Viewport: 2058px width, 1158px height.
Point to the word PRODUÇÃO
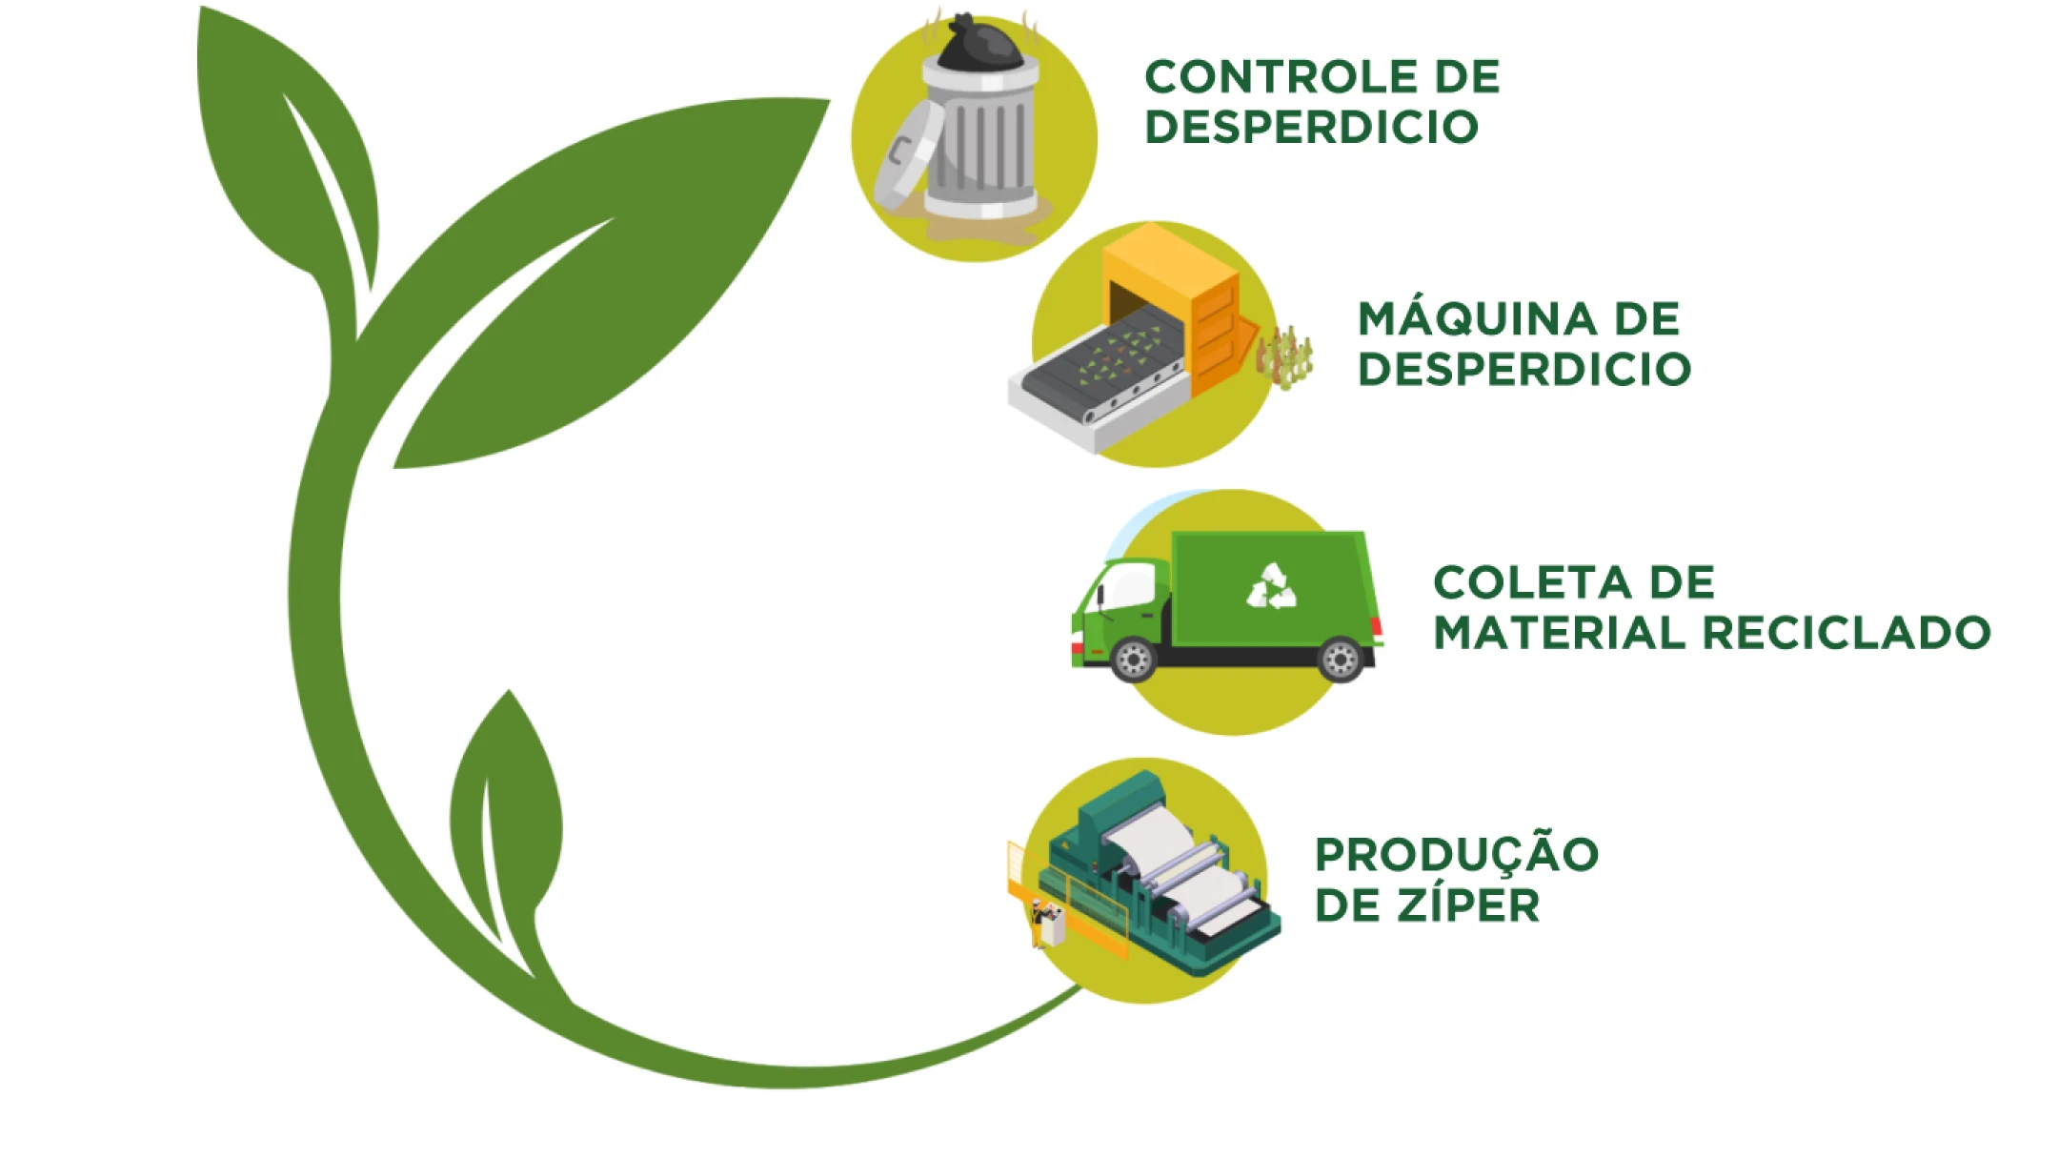[1456, 854]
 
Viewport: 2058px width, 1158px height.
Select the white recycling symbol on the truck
[1272, 586]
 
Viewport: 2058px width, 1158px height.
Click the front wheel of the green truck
[1133, 659]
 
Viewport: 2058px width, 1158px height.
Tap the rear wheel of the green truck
[1341, 659]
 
